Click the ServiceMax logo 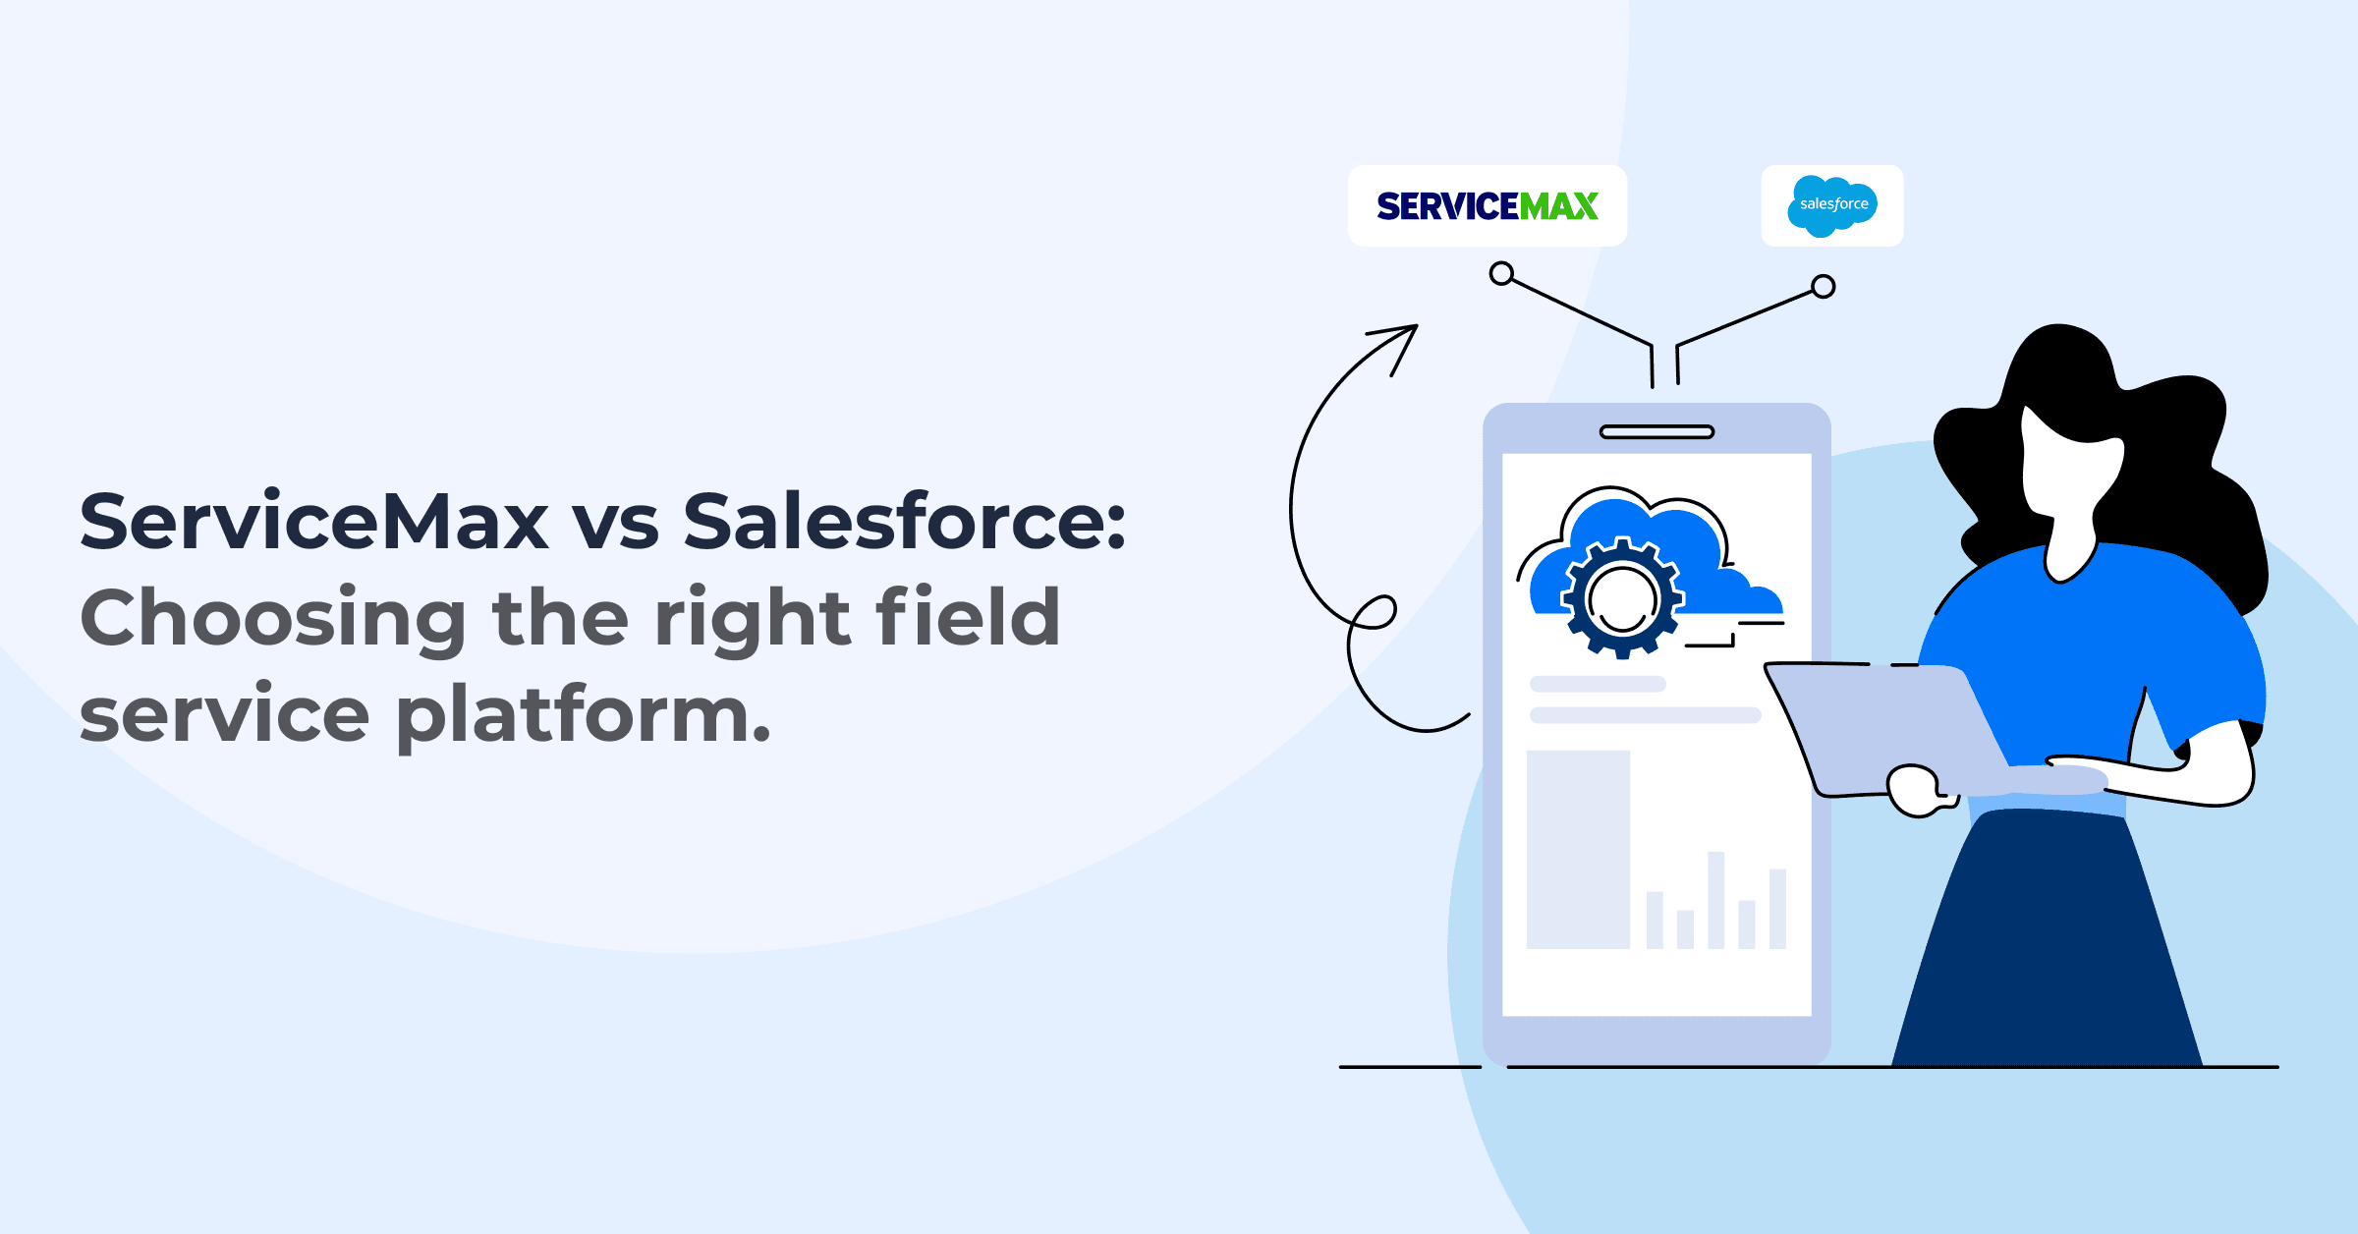1488,206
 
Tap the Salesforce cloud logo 1832,205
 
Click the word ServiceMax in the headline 313,522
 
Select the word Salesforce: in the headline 904,522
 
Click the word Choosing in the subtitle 273,619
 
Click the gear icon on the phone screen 1622,597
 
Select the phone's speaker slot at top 1656,432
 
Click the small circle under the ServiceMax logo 1501,273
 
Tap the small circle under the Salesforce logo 1824,287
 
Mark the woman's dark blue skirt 2044,943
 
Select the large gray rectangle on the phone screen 1578,849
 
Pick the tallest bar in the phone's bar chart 1716,900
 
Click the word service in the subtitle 224,715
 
